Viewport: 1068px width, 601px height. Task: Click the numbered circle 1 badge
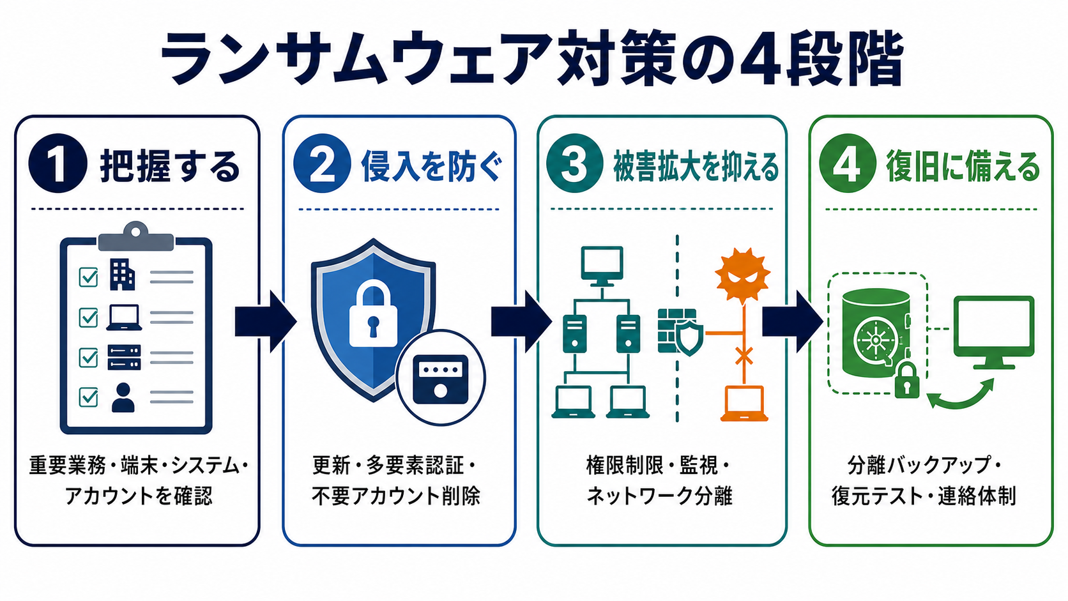point(57,163)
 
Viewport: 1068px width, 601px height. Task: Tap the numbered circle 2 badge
point(323,163)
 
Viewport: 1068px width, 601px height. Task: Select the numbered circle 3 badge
point(575,163)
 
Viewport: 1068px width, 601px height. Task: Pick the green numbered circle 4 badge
point(847,163)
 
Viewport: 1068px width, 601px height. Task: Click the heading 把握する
point(170,166)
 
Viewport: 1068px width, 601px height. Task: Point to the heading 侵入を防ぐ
point(432,166)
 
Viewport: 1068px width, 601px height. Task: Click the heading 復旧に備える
point(963,166)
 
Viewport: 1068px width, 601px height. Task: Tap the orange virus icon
point(743,275)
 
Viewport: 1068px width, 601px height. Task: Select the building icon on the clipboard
point(122,275)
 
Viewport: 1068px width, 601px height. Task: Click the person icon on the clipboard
point(123,397)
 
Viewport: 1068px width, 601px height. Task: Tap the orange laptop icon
point(744,404)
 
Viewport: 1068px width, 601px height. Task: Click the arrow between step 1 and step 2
point(266,322)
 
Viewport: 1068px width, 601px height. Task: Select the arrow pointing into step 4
point(793,322)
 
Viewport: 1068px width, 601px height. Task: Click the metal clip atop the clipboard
point(136,236)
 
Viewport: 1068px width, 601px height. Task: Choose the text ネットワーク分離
point(659,496)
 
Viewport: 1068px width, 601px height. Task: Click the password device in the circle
point(441,379)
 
